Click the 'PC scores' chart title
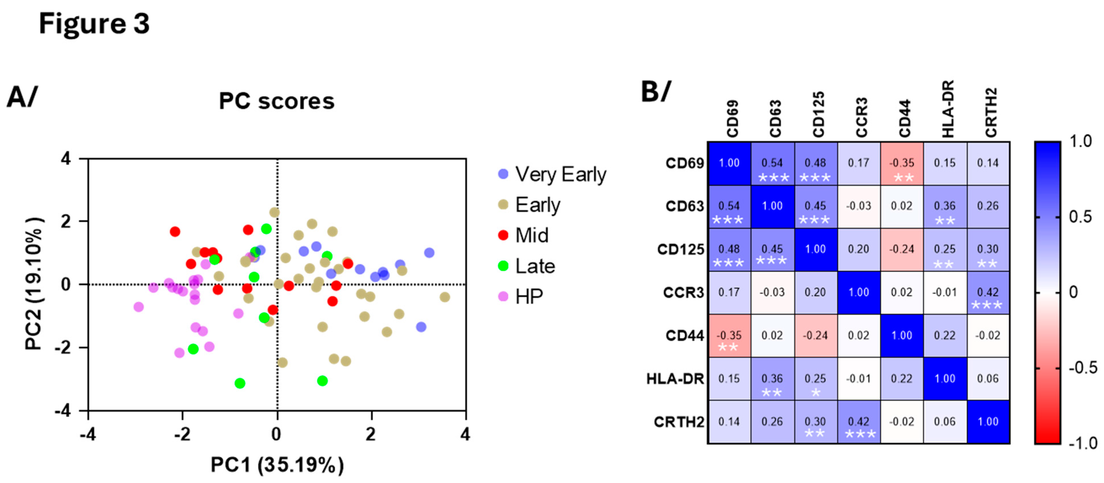[x=276, y=102]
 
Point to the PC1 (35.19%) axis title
[x=277, y=465]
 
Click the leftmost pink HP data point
[x=138, y=307]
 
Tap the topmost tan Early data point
[x=274, y=212]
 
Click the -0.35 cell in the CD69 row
[x=902, y=164]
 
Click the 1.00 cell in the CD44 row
[x=902, y=335]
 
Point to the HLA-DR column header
[x=948, y=109]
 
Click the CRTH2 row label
[x=679, y=422]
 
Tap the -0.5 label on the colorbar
[x=1083, y=368]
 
